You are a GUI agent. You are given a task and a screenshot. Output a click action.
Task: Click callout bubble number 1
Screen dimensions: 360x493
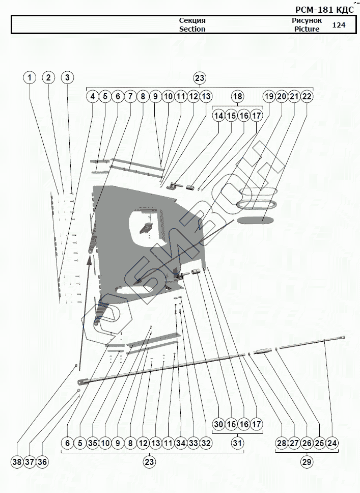point(30,78)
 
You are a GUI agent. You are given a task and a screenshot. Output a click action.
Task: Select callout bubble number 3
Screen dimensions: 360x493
point(68,78)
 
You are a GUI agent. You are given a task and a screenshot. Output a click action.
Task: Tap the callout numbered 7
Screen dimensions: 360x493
point(130,96)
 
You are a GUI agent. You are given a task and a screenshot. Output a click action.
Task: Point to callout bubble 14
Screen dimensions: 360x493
point(219,116)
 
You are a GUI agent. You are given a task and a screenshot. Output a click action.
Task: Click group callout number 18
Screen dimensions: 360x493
point(238,96)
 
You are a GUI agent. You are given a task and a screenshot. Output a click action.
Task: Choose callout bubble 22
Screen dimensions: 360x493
point(307,96)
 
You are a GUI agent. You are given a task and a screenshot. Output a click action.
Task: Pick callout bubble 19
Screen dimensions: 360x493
point(269,96)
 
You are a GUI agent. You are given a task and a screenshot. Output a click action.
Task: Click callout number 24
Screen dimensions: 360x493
point(332,443)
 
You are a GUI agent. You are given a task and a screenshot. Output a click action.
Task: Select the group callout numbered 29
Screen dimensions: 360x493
point(307,462)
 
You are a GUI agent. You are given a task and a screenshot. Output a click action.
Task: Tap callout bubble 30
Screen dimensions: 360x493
point(219,424)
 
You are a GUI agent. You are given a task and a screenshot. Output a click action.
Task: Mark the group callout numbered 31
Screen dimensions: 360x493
point(238,443)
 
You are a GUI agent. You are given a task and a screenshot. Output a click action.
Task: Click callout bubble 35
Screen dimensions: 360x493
point(93,443)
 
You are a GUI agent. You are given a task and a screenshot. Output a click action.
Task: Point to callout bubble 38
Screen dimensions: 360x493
point(17,462)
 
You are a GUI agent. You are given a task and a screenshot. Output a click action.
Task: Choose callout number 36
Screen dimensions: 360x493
point(42,462)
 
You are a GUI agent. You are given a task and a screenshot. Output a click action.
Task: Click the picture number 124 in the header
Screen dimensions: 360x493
point(338,24)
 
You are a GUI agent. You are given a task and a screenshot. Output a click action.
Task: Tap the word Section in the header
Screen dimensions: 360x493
point(192,29)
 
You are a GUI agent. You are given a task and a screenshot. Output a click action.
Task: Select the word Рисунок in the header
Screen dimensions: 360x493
point(307,20)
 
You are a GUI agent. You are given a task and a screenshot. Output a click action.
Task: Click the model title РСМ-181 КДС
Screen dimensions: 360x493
point(324,9)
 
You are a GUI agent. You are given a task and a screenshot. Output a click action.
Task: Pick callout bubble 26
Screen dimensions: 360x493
point(307,443)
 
